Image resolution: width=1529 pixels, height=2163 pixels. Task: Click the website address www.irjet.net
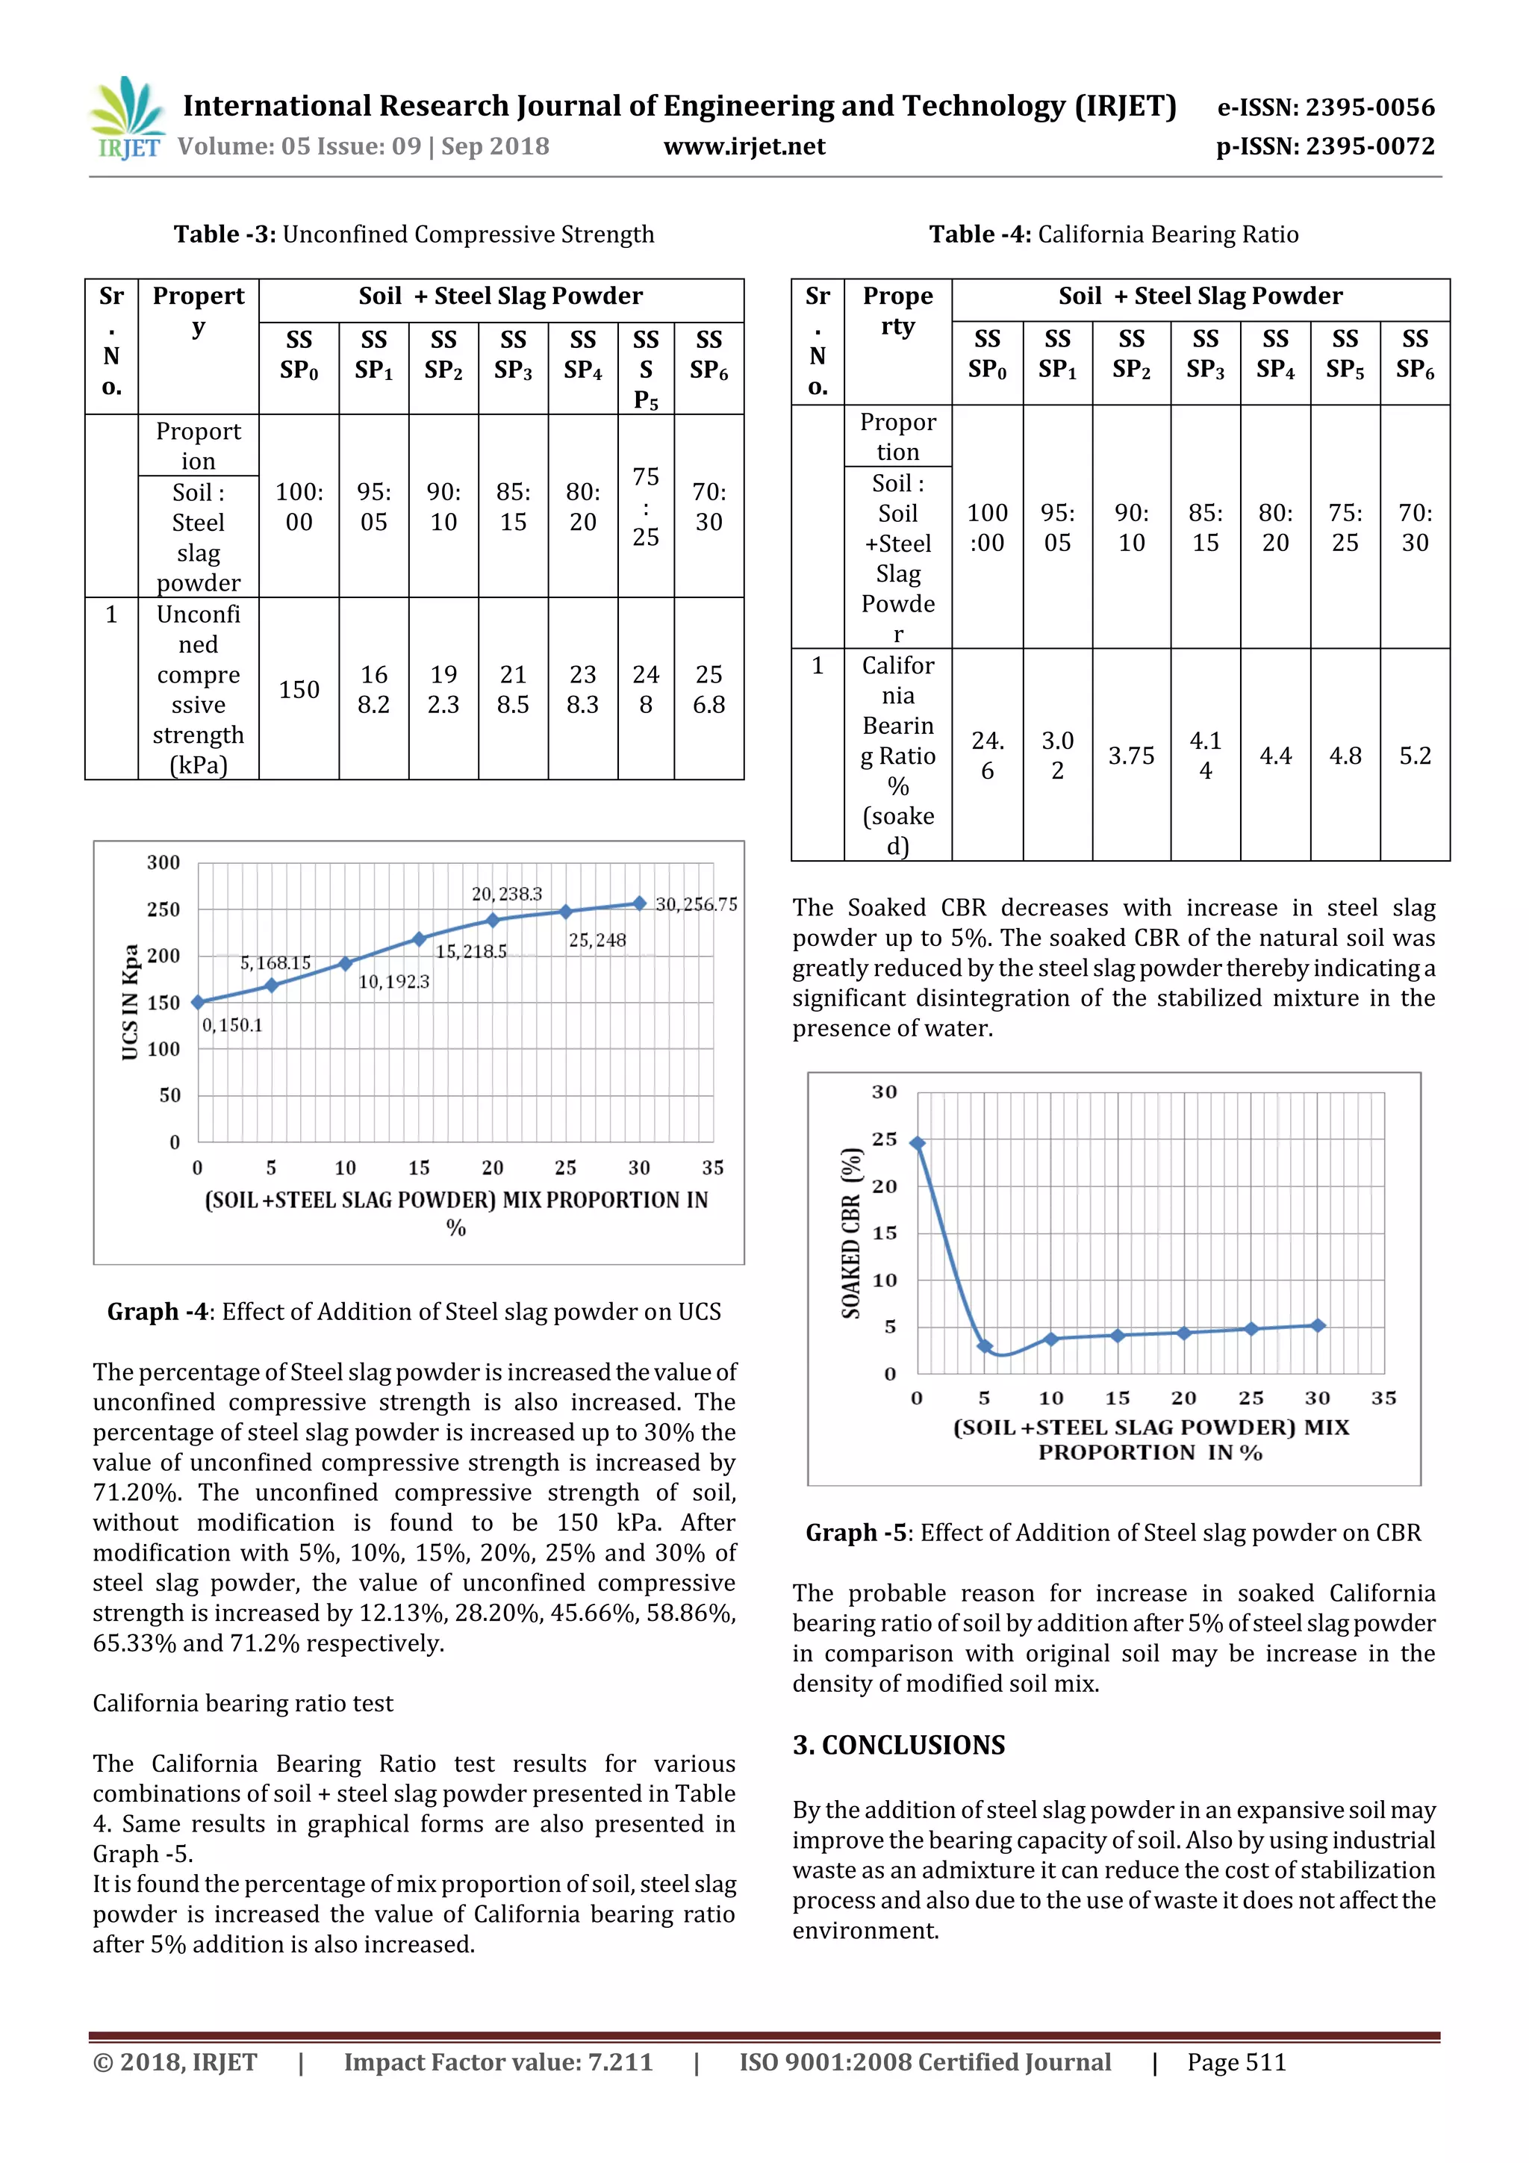744,146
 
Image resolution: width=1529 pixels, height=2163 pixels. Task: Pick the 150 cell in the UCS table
299,690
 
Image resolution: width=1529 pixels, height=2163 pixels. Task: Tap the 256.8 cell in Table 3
709,690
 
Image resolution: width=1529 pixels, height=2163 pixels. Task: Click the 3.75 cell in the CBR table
1130,756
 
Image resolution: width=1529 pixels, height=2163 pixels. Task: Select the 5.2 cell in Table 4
1414,756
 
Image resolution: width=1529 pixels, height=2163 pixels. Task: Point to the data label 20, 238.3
507,893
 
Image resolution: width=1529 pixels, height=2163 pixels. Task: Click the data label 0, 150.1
231,1025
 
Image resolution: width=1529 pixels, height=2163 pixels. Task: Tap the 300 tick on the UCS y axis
163,862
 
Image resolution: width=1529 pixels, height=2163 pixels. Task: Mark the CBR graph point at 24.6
918,1143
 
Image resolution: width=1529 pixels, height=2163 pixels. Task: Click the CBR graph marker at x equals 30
1318,1325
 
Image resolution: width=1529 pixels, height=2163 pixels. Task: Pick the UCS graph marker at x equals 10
346,963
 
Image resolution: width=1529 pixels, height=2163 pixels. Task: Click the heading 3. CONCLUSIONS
899,1745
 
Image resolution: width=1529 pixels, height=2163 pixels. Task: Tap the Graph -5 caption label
856,1533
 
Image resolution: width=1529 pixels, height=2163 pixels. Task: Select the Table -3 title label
224,234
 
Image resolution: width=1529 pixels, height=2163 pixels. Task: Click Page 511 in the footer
1236,2062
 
